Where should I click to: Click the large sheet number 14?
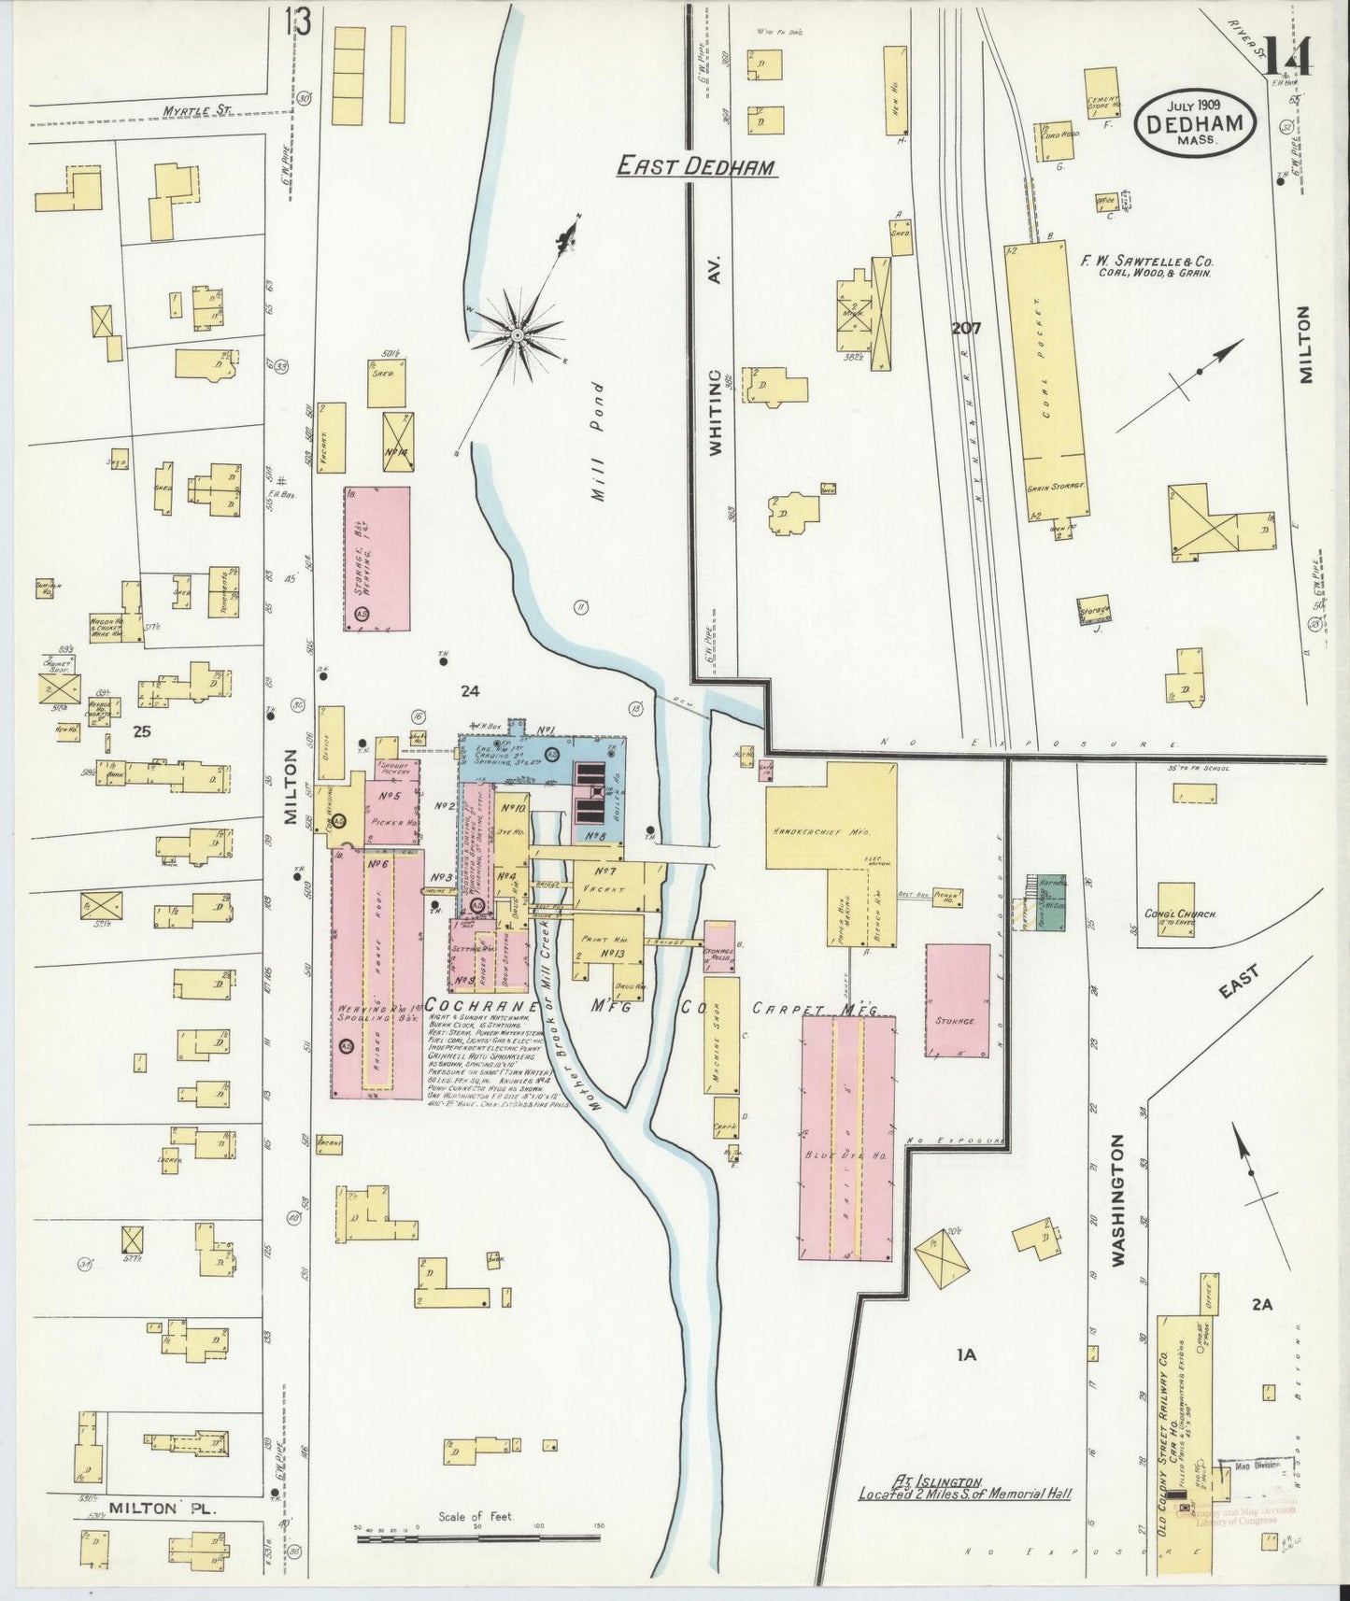click(x=1286, y=56)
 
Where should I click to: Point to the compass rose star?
click(x=517, y=333)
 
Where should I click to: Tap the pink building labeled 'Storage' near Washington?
click(x=958, y=1000)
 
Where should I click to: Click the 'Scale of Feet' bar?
click(x=478, y=1537)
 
